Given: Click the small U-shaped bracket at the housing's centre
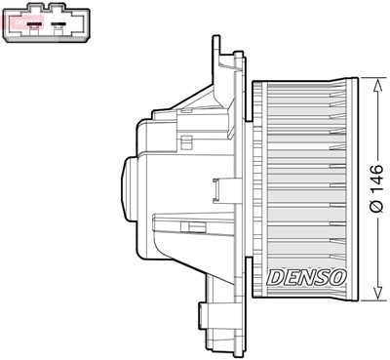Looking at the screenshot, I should pos(185,226).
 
